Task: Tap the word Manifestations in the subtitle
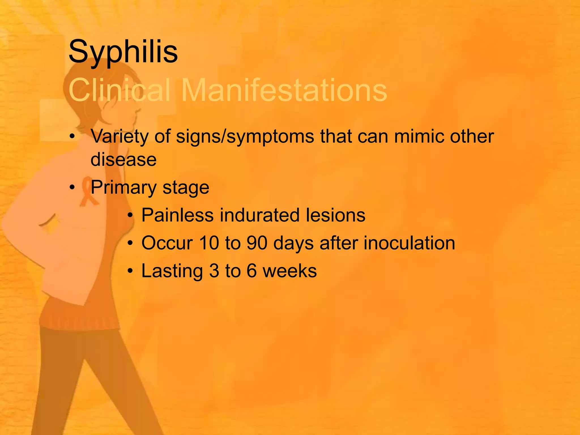pyautogui.click(x=284, y=90)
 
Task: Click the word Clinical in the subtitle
pyautogui.click(x=120, y=90)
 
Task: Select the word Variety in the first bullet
pyautogui.click(x=119, y=137)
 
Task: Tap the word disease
pyautogui.click(x=123, y=159)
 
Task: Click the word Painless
pyautogui.click(x=177, y=215)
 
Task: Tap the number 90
pyautogui.click(x=257, y=243)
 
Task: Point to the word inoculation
pyautogui.click(x=409, y=243)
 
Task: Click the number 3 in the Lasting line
pyautogui.click(x=214, y=271)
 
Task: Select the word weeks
pyautogui.click(x=290, y=271)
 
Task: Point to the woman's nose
pyautogui.click(x=139, y=109)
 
